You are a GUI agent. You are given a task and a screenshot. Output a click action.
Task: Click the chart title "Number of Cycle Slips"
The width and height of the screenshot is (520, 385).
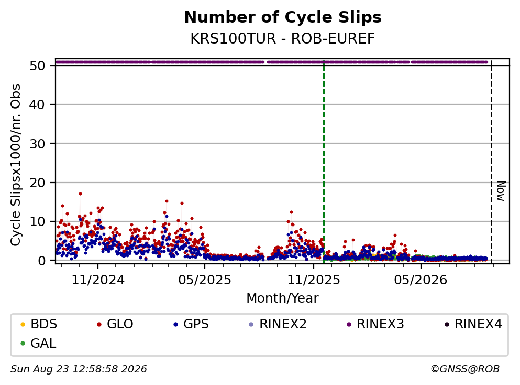(x=283, y=17)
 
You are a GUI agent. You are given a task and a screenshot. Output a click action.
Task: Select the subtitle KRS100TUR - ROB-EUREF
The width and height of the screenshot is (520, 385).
(x=283, y=38)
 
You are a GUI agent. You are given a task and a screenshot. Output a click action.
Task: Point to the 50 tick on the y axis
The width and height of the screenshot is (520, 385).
(x=38, y=66)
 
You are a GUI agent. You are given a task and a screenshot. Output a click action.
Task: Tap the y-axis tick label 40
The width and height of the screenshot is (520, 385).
(x=38, y=104)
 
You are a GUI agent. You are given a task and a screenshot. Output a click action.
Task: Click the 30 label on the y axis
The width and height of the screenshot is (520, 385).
(x=38, y=144)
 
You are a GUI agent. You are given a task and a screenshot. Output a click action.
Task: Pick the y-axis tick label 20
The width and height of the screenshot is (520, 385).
(x=38, y=183)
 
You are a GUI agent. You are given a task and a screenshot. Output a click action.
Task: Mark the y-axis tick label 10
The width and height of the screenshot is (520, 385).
(x=38, y=221)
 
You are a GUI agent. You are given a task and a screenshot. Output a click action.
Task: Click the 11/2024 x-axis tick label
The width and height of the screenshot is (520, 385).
(x=98, y=280)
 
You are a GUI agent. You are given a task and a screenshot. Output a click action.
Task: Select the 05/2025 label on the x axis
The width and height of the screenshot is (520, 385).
(x=205, y=280)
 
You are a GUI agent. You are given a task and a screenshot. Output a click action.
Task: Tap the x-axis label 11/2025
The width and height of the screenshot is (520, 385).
(x=313, y=280)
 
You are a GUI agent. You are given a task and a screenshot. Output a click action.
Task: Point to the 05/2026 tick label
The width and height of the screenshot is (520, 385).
(x=421, y=280)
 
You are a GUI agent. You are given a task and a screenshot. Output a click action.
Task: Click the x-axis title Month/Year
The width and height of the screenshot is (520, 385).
(x=283, y=298)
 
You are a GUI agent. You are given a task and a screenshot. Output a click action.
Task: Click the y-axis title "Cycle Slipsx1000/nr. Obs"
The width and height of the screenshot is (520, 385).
(x=16, y=165)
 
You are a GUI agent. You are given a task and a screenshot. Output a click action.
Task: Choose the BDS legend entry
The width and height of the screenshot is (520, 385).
(x=39, y=324)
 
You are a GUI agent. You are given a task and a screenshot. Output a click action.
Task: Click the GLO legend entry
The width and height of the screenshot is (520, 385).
(x=115, y=324)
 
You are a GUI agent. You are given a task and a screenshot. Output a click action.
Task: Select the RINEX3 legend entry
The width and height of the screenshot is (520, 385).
(x=375, y=324)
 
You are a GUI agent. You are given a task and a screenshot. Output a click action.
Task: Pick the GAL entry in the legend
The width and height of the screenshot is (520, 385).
(x=38, y=343)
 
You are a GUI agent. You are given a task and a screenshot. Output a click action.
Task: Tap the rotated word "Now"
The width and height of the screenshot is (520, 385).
(x=501, y=191)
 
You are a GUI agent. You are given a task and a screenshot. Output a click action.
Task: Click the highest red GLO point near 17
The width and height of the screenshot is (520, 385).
(x=80, y=194)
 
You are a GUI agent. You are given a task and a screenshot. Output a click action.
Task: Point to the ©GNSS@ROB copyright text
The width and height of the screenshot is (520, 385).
(x=465, y=369)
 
